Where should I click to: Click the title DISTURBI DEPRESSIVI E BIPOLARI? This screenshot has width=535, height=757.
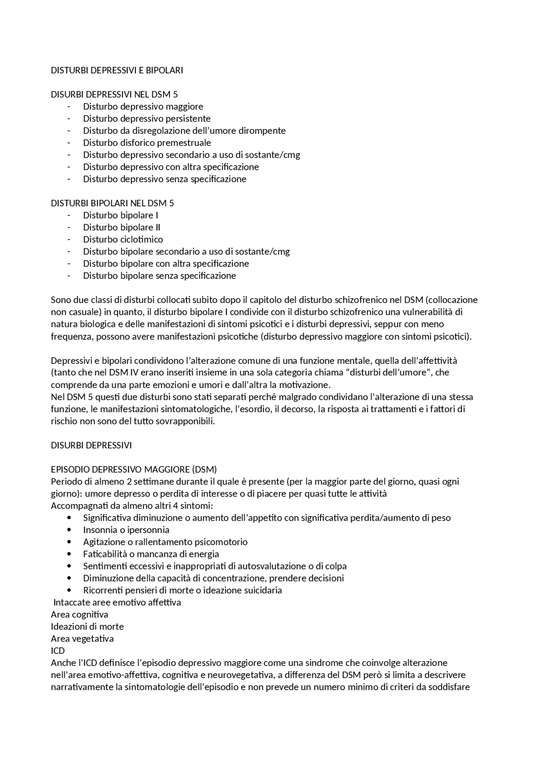click(x=117, y=70)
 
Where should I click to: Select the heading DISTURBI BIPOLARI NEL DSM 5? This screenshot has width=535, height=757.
click(x=112, y=203)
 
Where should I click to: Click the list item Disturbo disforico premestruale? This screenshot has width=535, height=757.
click(x=147, y=143)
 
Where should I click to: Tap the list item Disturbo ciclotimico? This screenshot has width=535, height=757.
click(x=123, y=240)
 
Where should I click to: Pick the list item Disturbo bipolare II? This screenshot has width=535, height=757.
click(x=121, y=227)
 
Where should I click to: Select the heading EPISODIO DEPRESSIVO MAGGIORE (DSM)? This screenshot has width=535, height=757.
click(x=134, y=469)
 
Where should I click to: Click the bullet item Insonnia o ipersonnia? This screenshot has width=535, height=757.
click(x=126, y=530)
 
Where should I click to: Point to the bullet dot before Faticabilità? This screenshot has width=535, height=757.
click(x=69, y=554)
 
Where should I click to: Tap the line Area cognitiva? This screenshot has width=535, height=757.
click(x=79, y=614)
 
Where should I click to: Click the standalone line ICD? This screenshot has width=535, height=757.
click(x=58, y=651)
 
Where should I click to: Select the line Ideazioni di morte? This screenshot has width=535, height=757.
click(x=87, y=627)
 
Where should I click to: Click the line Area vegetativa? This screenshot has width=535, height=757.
click(x=82, y=639)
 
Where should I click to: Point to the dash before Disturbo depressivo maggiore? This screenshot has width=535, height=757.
click(x=69, y=107)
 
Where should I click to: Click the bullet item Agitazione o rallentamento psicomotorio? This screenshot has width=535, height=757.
click(x=165, y=542)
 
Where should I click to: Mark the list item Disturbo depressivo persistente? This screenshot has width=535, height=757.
click(x=147, y=118)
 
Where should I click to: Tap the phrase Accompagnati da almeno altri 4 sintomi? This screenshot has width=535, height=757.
click(x=132, y=506)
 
